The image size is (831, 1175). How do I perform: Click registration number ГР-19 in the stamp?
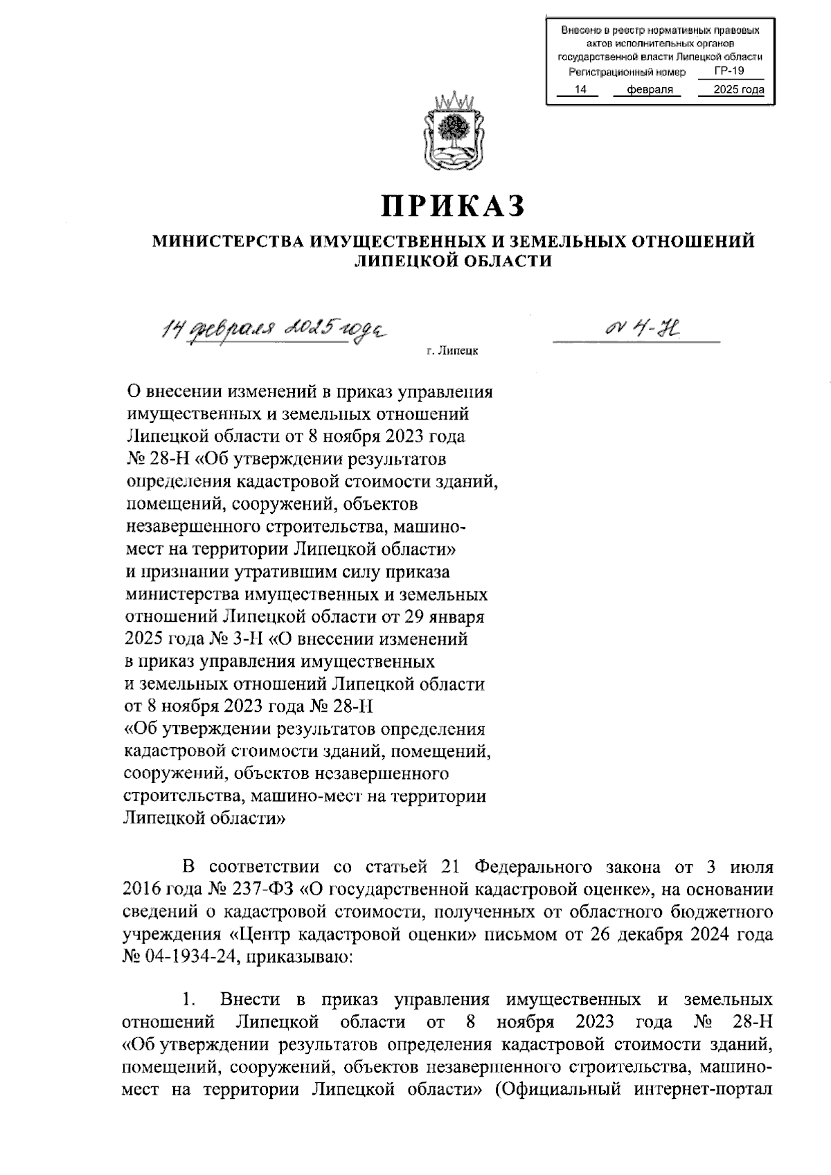[729, 71]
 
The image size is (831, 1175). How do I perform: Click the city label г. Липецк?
[452, 352]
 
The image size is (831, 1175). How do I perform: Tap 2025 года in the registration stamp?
[738, 90]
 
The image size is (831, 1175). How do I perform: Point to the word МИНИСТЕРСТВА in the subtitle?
[228, 241]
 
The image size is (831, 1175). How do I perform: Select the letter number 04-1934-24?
[189, 957]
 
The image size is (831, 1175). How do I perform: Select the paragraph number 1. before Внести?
[190, 1001]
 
